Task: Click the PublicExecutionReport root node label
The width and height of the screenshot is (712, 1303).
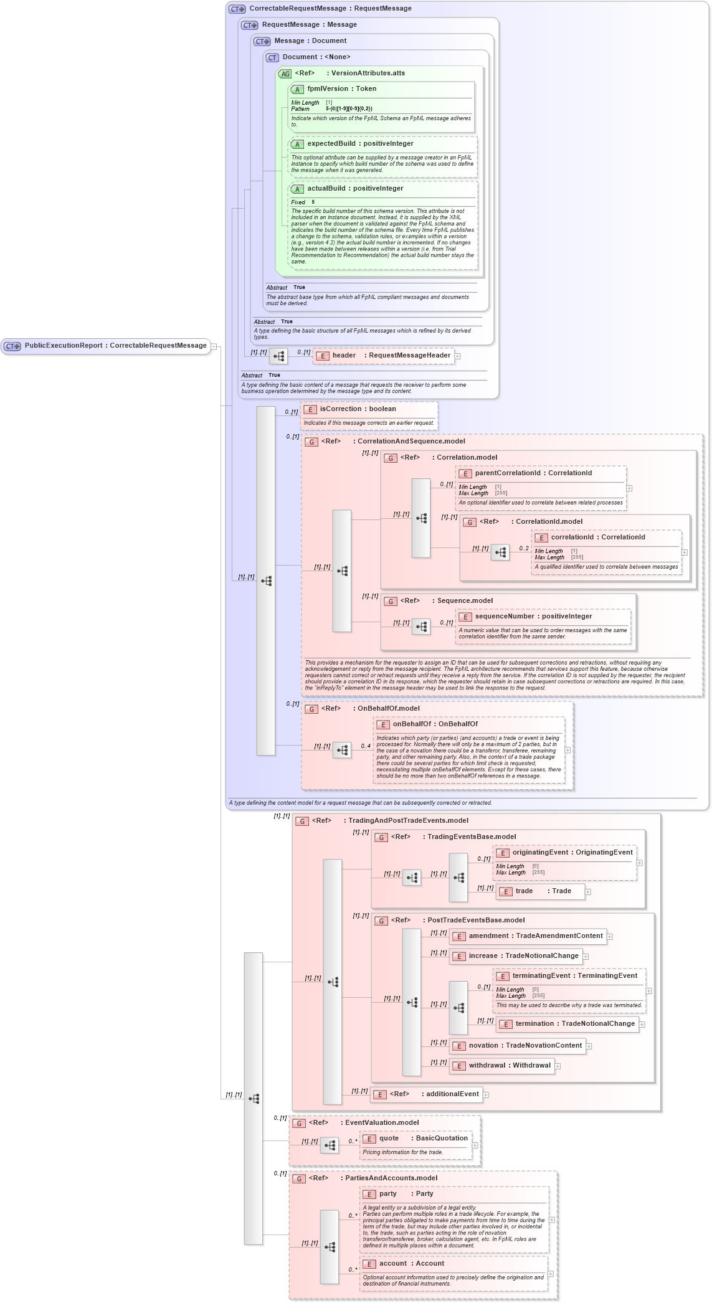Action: point(115,346)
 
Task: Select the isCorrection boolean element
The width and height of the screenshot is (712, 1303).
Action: point(358,409)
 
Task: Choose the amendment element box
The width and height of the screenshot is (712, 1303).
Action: point(528,936)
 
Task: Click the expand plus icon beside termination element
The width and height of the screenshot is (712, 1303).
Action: point(642,1025)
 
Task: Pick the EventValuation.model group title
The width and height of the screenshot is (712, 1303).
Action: point(382,1123)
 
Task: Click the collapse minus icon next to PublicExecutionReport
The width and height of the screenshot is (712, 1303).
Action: point(214,346)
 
